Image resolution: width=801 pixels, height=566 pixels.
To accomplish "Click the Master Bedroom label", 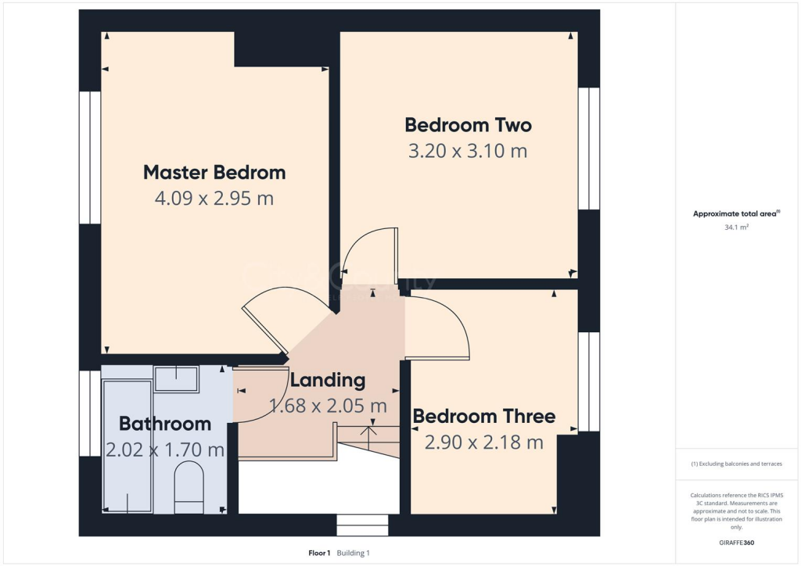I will (x=214, y=172).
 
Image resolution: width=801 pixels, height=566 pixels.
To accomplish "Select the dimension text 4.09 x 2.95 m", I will (x=214, y=199).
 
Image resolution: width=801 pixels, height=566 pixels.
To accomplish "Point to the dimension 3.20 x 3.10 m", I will (x=468, y=151).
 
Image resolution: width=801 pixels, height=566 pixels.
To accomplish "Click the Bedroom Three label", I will (x=483, y=416).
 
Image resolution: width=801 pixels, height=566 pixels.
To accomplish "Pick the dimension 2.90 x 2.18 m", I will (x=483, y=442).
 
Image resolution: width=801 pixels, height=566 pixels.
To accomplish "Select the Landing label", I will (x=328, y=381).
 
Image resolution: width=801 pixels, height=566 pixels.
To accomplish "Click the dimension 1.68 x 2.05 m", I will (x=328, y=407).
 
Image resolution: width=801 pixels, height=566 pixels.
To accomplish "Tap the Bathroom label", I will (x=165, y=424).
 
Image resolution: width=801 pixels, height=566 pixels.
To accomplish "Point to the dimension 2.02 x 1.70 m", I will (x=165, y=450).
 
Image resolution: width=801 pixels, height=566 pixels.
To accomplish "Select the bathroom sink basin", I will (x=176, y=378).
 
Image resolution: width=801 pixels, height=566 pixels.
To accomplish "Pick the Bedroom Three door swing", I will (x=438, y=328).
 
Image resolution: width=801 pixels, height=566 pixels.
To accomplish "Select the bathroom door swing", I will (x=262, y=396).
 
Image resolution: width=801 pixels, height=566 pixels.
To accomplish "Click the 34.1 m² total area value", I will (x=737, y=227).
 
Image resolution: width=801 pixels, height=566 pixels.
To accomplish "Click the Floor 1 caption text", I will (x=319, y=553).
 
